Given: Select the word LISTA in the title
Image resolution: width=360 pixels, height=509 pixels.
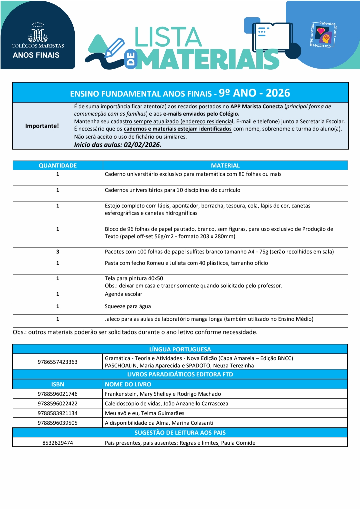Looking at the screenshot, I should [168, 37].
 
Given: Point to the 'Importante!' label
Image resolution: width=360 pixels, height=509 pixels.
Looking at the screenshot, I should [42, 126].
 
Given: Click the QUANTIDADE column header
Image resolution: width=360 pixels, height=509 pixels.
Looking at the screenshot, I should [58, 166].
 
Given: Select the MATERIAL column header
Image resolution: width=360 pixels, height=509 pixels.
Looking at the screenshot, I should [225, 166].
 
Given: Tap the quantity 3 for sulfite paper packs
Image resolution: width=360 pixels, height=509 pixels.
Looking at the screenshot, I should [58, 252].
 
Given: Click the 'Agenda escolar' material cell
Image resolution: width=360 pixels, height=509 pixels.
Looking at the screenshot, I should [124, 294].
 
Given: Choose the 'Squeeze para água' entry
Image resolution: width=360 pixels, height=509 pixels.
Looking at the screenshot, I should [128, 306].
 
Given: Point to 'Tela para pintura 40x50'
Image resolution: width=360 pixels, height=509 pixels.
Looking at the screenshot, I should [134, 278].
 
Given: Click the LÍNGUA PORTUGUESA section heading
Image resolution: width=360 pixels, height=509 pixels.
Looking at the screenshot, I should [180, 349].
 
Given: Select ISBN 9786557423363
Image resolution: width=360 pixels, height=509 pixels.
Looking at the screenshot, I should [58, 362].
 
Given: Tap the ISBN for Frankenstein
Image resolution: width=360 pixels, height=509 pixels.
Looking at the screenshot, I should [58, 394].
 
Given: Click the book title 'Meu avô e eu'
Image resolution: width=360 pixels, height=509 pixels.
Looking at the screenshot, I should [145, 413].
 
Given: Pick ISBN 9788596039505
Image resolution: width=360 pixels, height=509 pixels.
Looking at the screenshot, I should [58, 423].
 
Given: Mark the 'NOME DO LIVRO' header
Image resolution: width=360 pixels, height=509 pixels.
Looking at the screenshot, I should [128, 384].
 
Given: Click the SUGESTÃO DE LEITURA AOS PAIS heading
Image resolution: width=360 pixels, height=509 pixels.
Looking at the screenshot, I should [180, 433].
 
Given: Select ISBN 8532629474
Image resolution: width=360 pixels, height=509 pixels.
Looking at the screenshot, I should [58, 443].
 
